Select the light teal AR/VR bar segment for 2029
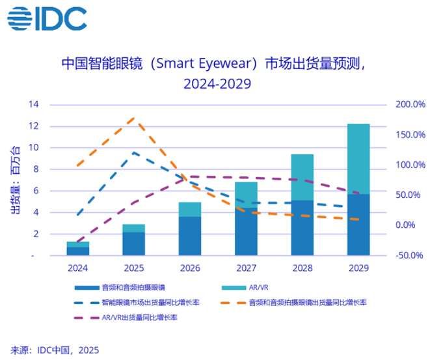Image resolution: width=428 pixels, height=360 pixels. [358, 158]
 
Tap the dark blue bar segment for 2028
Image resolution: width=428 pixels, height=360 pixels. [302, 228]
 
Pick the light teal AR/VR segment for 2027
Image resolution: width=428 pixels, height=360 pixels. [246, 195]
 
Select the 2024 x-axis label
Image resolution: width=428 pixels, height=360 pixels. [78, 268]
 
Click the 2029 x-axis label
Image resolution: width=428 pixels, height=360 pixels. [358, 268]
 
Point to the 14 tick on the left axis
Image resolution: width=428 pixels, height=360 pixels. [34, 105]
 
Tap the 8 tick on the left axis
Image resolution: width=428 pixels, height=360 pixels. [36, 169]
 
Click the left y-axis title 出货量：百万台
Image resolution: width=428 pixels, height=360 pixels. [14, 179]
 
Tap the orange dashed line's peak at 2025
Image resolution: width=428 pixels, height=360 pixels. [134, 118]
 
